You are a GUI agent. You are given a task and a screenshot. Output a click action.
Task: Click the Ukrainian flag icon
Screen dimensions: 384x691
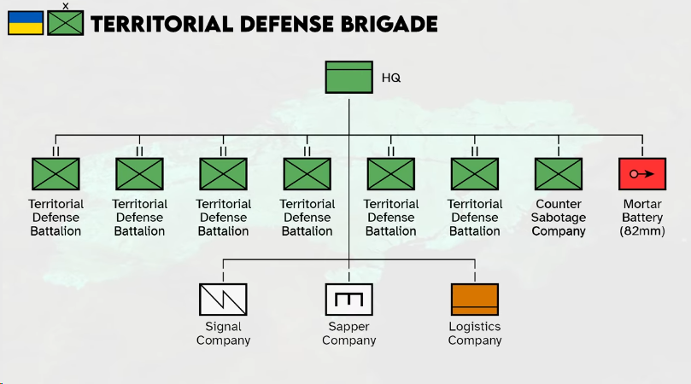[26, 23]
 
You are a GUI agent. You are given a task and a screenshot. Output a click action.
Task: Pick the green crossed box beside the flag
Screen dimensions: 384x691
[66, 23]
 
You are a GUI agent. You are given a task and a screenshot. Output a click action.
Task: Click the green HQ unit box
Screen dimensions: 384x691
[348, 78]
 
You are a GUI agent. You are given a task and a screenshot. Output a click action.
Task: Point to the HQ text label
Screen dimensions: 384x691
[391, 78]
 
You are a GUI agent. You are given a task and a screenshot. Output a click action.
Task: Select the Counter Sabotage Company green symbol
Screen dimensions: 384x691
[559, 174]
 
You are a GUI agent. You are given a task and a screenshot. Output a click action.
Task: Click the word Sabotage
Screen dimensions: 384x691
[559, 218]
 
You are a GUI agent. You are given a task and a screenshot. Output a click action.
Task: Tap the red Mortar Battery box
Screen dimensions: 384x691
[642, 174]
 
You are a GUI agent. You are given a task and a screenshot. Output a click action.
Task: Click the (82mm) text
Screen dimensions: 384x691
[642, 231]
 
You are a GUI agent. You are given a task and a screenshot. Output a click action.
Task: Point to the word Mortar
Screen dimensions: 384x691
[642, 204]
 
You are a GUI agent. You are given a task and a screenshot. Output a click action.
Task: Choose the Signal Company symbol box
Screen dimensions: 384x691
[223, 300]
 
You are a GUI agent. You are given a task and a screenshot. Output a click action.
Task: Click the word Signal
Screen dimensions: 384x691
[223, 327]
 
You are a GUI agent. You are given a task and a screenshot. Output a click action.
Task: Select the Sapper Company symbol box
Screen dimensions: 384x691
[349, 300]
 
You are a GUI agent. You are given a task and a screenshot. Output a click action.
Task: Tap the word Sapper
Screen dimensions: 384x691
[349, 327]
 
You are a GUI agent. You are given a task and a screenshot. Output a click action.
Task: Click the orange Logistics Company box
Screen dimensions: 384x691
[475, 300]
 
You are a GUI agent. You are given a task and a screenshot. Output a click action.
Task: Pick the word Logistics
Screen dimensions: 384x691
[475, 327]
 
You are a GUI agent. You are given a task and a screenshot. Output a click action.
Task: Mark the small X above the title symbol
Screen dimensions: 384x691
[66, 6]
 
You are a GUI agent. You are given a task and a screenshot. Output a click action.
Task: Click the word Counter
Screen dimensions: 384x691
[559, 204]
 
